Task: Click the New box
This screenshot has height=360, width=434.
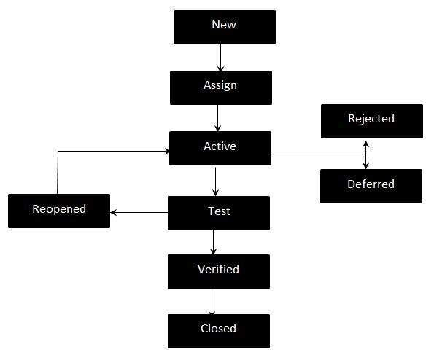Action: (224, 27)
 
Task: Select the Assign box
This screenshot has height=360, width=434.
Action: (220, 87)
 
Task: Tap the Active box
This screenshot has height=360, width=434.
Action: (220, 148)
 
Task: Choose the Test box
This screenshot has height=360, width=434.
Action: (219, 213)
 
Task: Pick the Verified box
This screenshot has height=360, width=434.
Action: (218, 270)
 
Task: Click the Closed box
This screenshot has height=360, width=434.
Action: (218, 330)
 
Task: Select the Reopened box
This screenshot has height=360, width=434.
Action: (59, 211)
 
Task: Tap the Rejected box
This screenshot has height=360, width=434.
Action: (371, 121)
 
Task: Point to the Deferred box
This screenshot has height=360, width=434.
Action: (371, 186)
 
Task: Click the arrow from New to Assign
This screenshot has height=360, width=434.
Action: (220, 57)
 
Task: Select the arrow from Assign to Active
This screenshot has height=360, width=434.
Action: (218, 117)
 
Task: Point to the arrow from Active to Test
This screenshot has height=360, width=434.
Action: (215, 181)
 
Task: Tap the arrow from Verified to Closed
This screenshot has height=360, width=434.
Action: (212, 301)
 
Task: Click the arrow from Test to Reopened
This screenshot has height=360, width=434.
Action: (139, 213)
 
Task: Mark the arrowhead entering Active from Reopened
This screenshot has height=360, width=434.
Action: (166, 152)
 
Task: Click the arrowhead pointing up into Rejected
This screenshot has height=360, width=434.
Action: (365, 142)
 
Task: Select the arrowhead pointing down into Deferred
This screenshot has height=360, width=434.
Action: (365, 165)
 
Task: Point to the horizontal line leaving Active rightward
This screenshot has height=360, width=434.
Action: (317, 152)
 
